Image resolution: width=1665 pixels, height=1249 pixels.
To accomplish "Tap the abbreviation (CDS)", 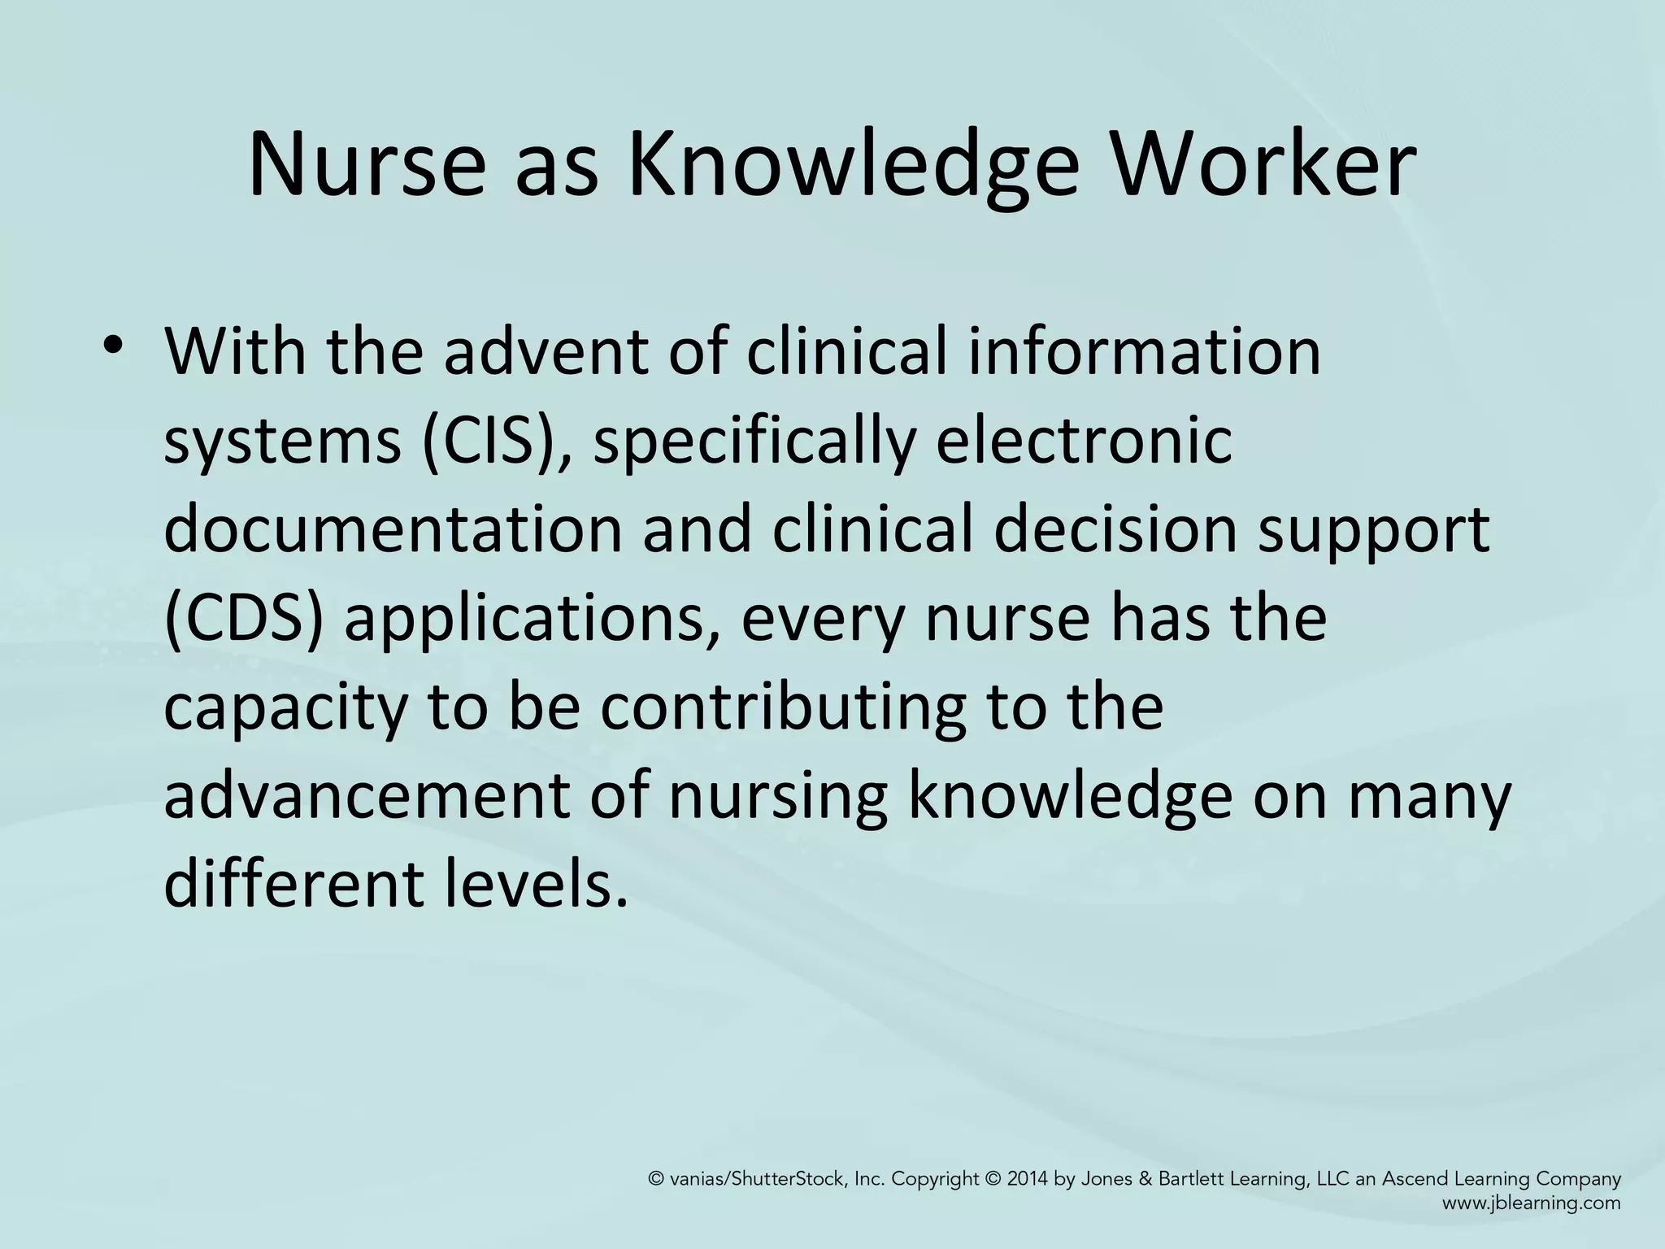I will click(x=244, y=618).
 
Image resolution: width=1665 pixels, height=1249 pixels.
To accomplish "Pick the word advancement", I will click(x=367, y=795).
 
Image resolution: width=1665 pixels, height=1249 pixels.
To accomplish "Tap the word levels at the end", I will click(x=536, y=883).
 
